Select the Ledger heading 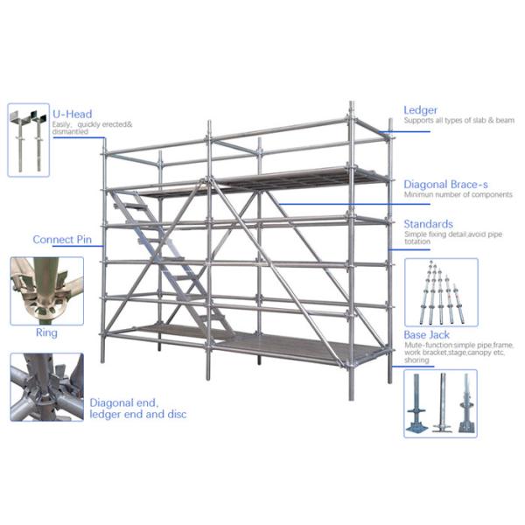pos(420,110)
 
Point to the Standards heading pos(429,224)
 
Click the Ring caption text pos(46,332)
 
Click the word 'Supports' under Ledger pos(416,121)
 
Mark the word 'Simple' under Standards pos(414,234)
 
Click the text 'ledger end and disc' pos(137,414)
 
